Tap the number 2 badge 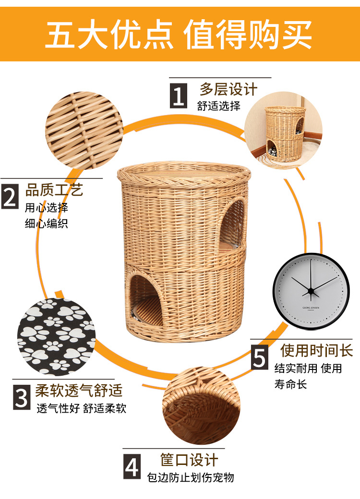coord(9,196)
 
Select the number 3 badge coord(21,398)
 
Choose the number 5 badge coord(260,358)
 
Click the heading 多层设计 coord(228,90)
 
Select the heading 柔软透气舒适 coord(79,391)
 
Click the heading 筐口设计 coord(189,460)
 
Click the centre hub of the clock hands coord(311,290)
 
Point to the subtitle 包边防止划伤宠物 coord(191,477)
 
